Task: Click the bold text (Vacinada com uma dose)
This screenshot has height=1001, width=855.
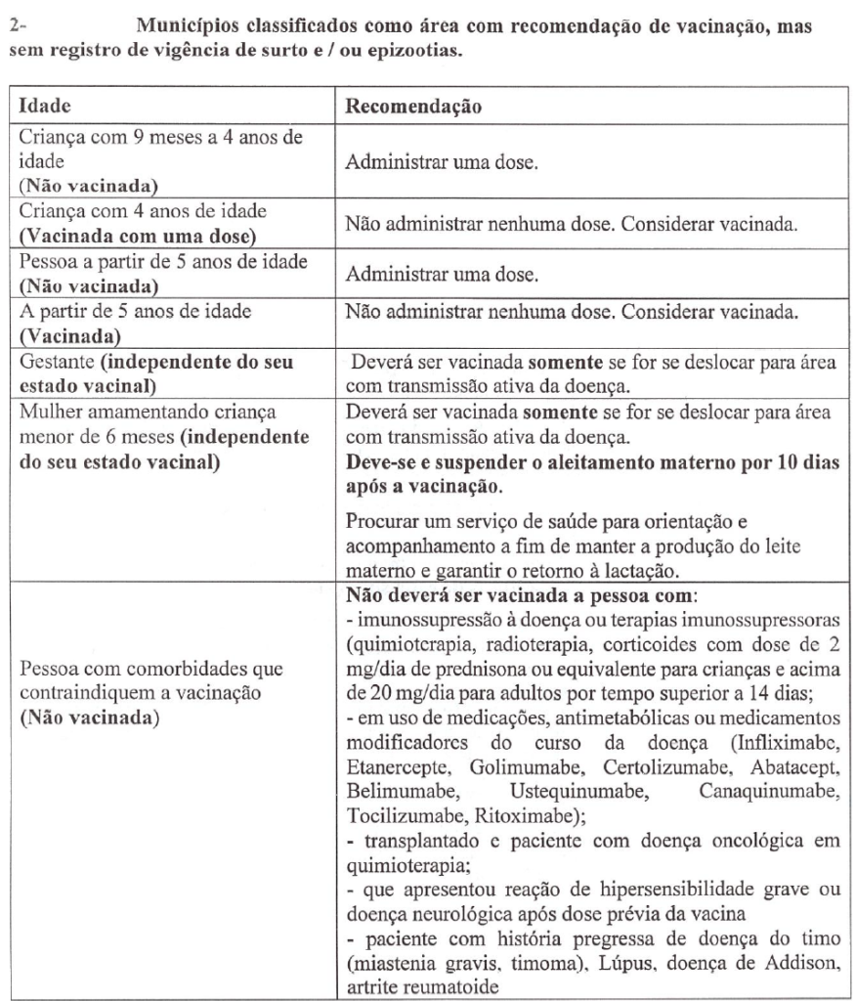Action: (122, 234)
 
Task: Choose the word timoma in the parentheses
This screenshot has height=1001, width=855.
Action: (506, 965)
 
